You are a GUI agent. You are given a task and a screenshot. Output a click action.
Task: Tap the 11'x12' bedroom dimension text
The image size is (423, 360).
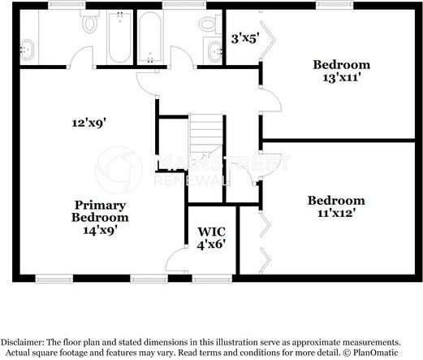click(x=335, y=214)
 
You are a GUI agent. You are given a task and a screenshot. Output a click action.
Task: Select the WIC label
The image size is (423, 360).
click(x=212, y=230)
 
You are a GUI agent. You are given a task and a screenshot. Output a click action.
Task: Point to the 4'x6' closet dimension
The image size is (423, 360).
click(x=212, y=243)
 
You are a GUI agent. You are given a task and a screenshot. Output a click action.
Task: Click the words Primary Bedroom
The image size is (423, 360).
click(x=100, y=211)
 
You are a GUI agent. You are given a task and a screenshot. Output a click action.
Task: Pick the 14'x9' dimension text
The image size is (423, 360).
click(x=100, y=231)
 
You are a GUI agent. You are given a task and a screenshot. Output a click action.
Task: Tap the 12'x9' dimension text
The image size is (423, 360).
click(x=88, y=124)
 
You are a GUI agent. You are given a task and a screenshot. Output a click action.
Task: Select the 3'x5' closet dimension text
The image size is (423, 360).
click(x=244, y=37)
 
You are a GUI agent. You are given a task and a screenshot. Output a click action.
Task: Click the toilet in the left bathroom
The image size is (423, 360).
click(x=89, y=24)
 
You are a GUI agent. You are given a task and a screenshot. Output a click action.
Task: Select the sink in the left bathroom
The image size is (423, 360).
click(x=26, y=50)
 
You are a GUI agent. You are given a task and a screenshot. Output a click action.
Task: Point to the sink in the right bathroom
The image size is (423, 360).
click(x=214, y=50)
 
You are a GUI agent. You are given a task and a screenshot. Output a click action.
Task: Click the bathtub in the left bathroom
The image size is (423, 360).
click(x=119, y=37)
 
